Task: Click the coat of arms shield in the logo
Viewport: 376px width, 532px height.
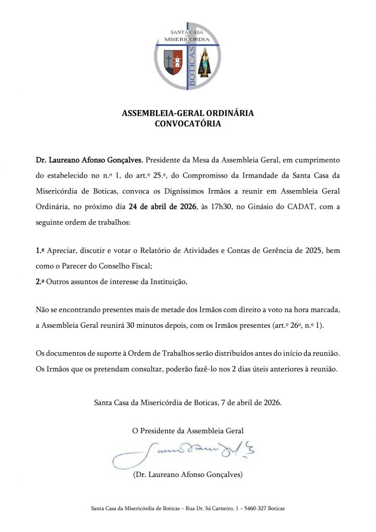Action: click(173, 61)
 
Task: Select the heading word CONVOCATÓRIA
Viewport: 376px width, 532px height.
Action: click(188, 124)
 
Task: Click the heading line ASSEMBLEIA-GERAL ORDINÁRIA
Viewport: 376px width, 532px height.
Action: click(188, 114)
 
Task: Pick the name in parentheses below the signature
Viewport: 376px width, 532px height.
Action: click(188, 475)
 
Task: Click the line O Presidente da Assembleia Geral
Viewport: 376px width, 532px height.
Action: click(188, 430)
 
